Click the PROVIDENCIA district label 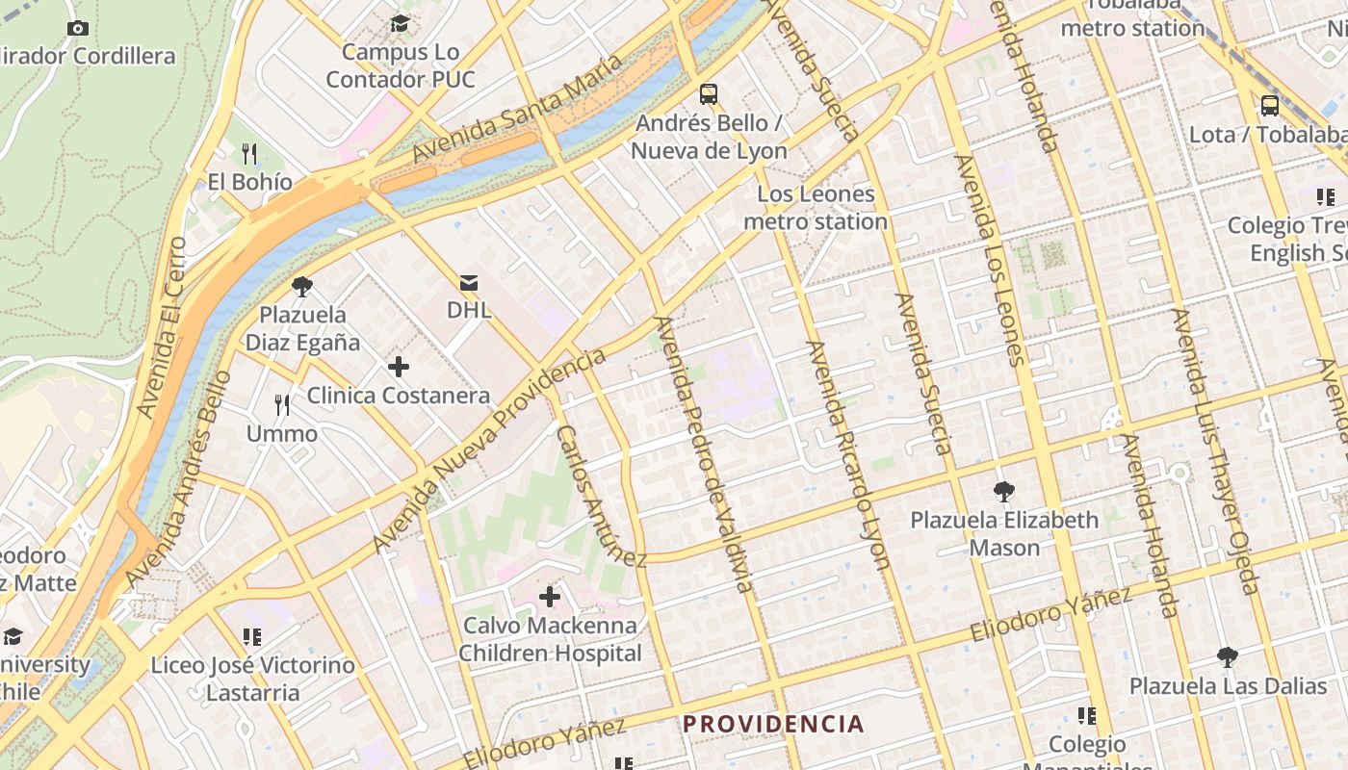click(773, 724)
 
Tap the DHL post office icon click(469, 282)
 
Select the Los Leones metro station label click(816, 208)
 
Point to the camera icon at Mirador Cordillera click(79, 28)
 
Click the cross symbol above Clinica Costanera click(398, 366)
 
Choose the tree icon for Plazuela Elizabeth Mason click(1004, 492)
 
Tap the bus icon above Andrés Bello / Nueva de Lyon click(709, 94)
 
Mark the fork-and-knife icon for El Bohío click(249, 153)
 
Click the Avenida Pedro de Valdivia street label click(702, 452)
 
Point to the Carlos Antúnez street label click(601, 497)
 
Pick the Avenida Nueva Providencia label click(489, 450)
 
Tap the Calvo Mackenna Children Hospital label click(550, 639)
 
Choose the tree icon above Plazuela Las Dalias click(1227, 657)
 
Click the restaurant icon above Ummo click(282, 405)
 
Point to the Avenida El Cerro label click(161, 327)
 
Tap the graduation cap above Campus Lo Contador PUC click(400, 23)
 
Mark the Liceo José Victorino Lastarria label click(252, 679)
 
